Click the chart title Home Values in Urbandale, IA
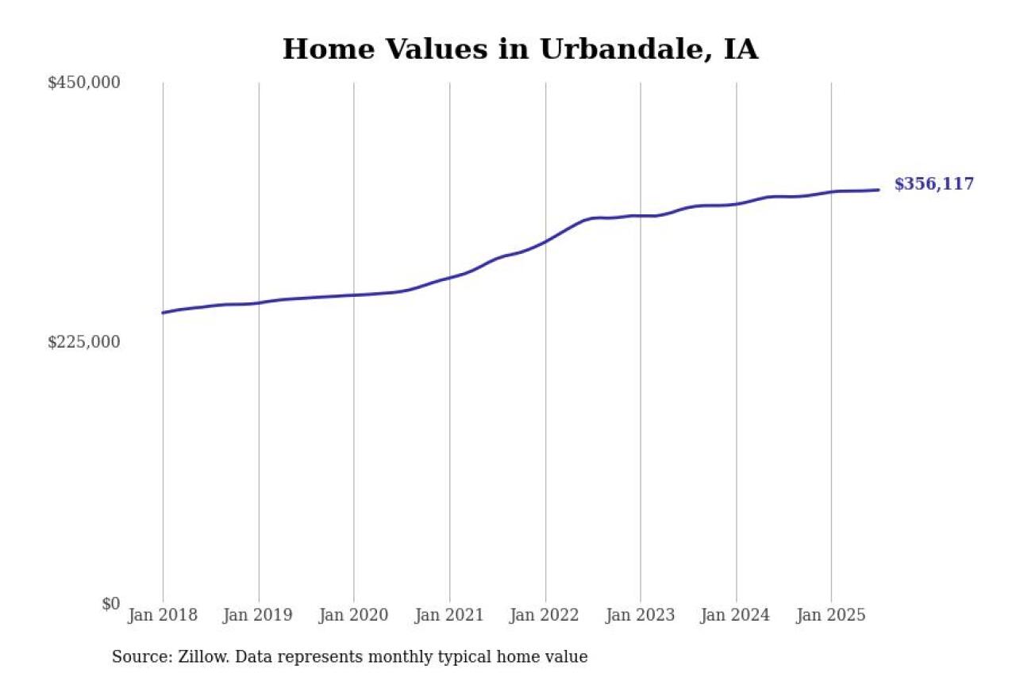pos(520,49)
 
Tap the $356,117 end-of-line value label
pos(933,184)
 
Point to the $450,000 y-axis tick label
pos(84,83)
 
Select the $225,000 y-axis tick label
pos(84,342)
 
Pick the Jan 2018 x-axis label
pos(163,615)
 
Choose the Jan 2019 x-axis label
pos(258,615)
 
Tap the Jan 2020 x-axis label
pos(353,615)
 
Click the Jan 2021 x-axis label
pos(449,615)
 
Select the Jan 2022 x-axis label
pos(545,615)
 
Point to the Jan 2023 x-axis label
pos(641,615)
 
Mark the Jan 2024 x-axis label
pos(736,615)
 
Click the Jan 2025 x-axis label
pos(831,615)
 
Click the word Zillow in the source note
pos(206,657)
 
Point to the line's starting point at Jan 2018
pos(163,313)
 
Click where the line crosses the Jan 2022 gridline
pos(545,241)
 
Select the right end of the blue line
pos(878,190)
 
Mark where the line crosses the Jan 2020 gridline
pos(354,295)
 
